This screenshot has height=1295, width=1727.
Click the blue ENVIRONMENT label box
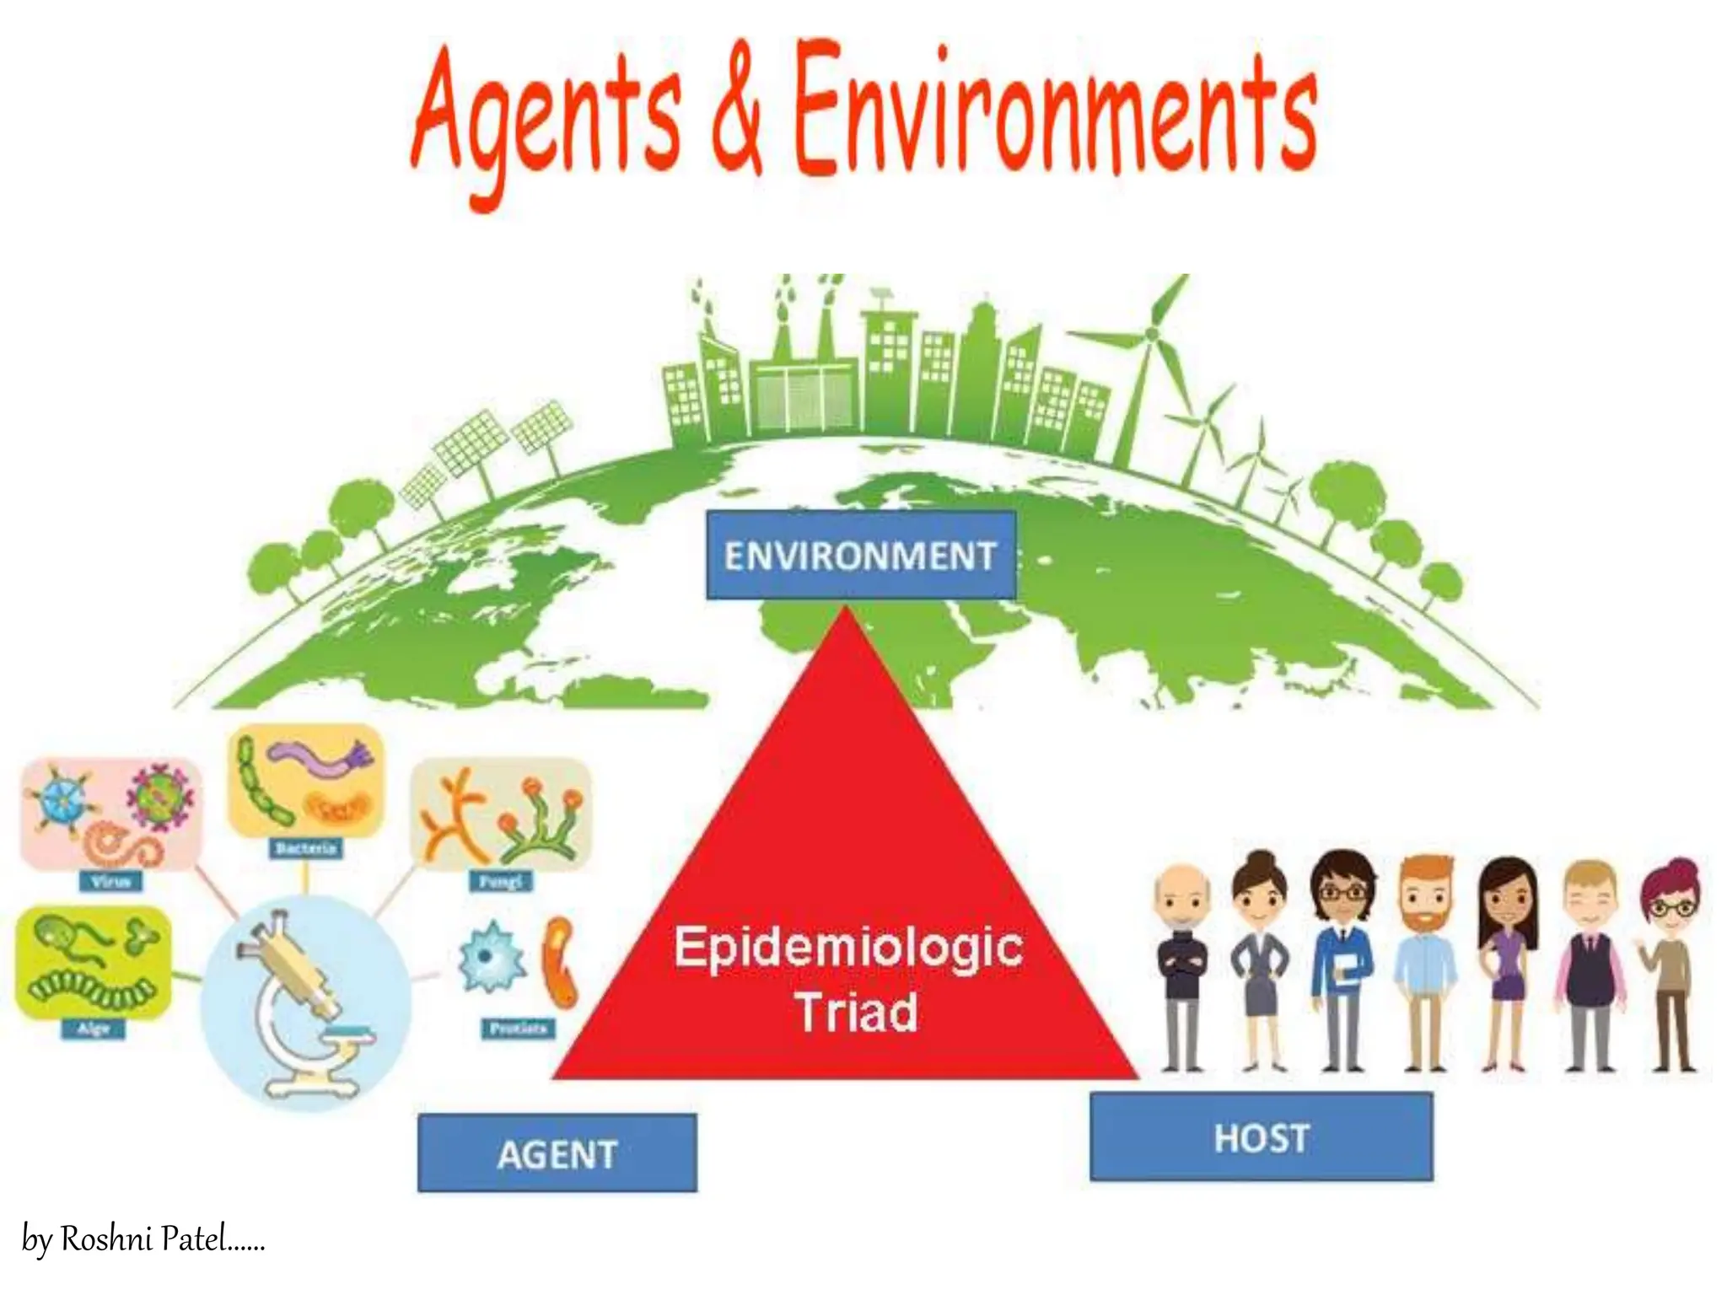[x=861, y=556]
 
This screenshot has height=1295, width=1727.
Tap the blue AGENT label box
[x=557, y=1153]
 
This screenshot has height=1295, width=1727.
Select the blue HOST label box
[x=1261, y=1136]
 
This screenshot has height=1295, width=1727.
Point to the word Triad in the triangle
[x=856, y=1012]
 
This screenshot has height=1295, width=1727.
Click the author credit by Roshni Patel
[x=143, y=1239]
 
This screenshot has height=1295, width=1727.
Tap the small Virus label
[x=110, y=882]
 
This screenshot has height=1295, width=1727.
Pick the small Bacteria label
[x=306, y=848]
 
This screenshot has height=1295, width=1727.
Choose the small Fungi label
[x=501, y=882]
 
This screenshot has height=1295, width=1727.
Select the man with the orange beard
[x=1424, y=961]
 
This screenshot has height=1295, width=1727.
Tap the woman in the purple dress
[x=1507, y=961]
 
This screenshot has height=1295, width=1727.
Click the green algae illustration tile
[x=93, y=961]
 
